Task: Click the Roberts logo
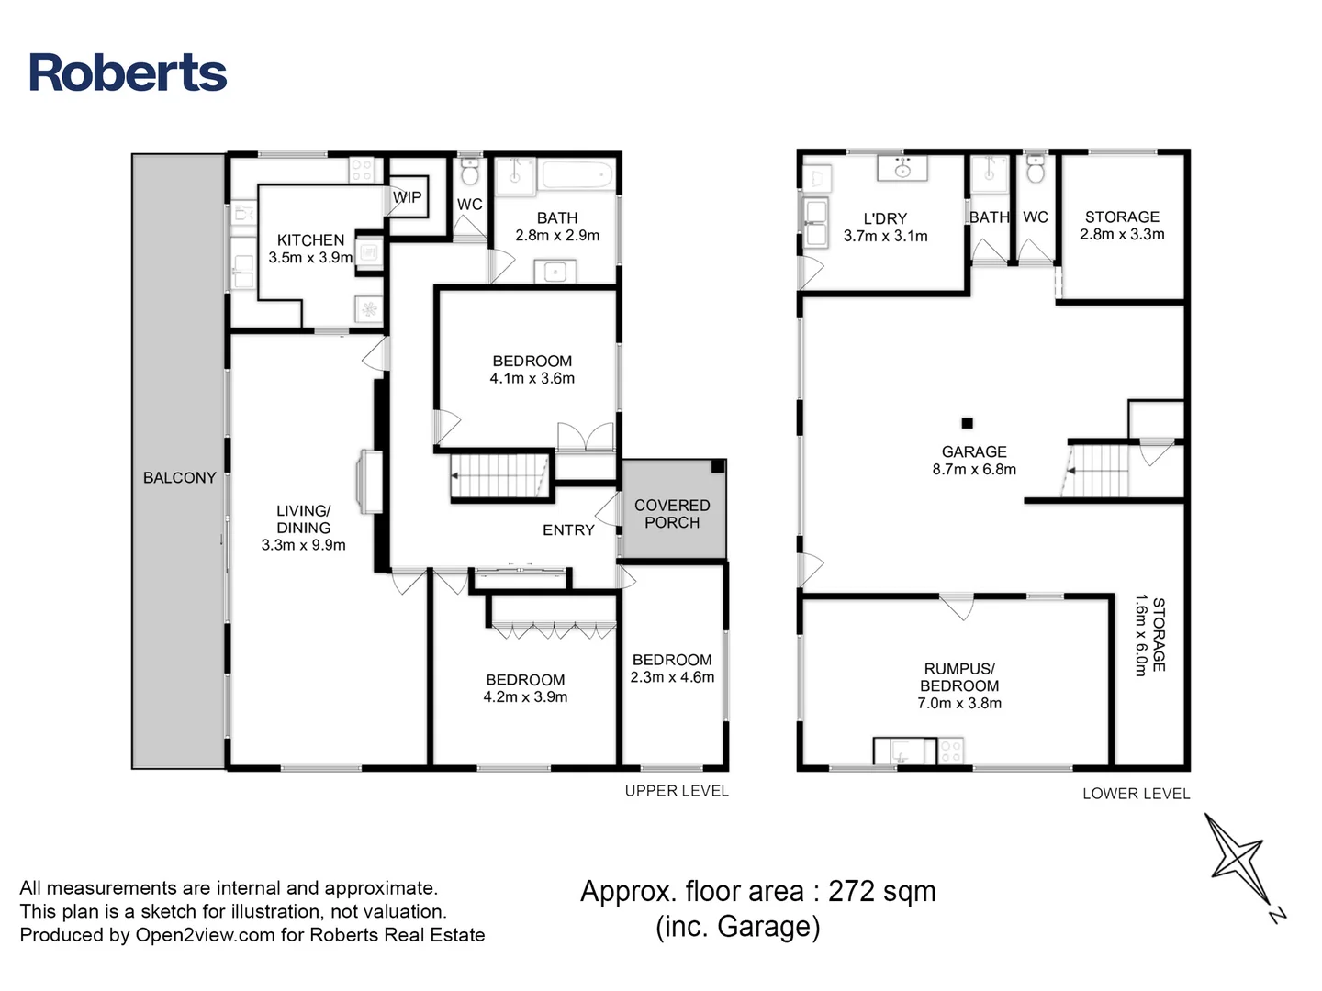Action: pos(128,72)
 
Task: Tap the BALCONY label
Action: pos(179,477)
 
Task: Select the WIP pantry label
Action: pos(408,197)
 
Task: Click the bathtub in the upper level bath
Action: pos(576,174)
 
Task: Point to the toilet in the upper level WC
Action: pos(469,172)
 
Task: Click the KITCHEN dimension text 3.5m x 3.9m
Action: pos(310,258)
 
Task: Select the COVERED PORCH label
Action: pos(672,514)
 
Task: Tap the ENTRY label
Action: pos(568,529)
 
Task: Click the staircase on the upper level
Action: pos(499,475)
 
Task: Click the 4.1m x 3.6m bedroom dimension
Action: pos(532,378)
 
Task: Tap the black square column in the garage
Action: pos(967,423)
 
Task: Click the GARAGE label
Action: pos(974,451)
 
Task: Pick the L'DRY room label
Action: pos(885,218)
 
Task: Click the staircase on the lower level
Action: pos(1096,470)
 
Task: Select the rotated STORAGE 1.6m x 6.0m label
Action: pos(1149,635)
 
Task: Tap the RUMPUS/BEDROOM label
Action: pos(959,677)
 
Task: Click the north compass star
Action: pos(1238,860)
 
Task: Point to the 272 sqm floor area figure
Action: pos(881,891)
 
